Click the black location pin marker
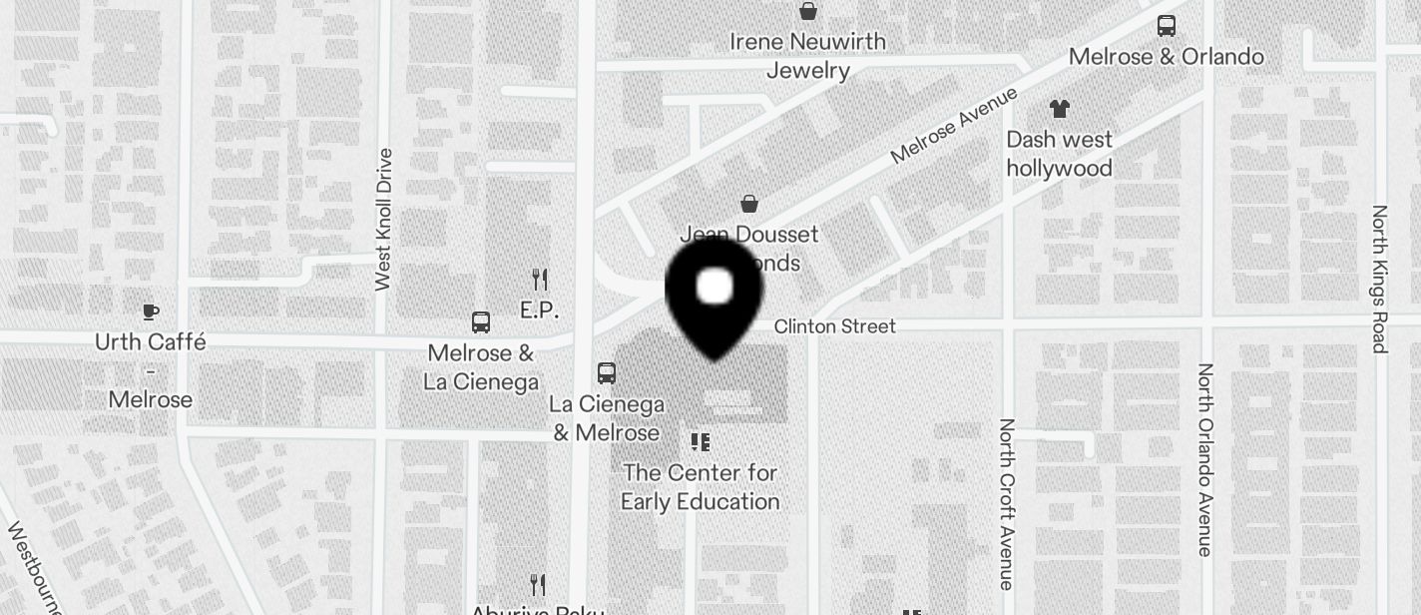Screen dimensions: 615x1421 714,295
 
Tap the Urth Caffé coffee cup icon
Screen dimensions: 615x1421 150,312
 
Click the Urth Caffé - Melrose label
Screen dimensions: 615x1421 151,370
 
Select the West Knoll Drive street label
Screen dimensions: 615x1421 384,220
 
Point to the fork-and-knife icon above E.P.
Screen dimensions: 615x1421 540,279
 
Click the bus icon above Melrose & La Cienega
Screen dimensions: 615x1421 480,322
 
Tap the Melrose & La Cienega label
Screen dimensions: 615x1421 481,367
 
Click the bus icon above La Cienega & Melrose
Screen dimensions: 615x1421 606,373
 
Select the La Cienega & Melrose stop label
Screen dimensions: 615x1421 607,418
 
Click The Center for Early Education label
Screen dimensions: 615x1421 700,486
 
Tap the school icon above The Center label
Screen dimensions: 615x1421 701,441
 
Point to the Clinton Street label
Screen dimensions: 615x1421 834,326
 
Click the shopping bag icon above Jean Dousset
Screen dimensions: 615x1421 748,204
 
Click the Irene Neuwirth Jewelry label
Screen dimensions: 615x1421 808,56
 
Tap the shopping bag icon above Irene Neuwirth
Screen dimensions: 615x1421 807,12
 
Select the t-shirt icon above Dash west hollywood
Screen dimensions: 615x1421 1059,108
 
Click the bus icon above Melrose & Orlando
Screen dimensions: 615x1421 1166,26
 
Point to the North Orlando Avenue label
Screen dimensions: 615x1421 1205,459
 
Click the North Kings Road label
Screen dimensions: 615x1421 1379,280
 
